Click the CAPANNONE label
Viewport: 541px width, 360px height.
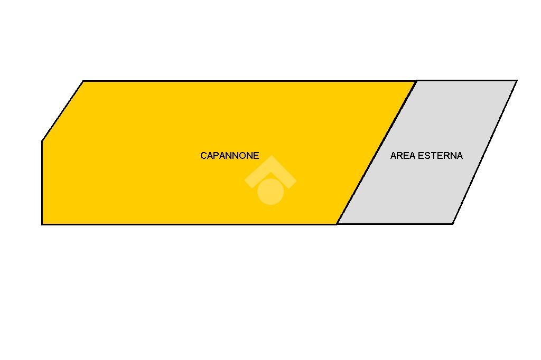point(229,156)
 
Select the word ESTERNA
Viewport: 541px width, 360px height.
point(440,156)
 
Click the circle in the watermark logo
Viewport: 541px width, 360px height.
point(270,192)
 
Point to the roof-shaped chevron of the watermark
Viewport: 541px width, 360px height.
point(270,171)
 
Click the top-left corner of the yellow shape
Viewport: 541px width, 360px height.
point(83,81)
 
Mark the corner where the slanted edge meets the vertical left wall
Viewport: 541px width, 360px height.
point(42,141)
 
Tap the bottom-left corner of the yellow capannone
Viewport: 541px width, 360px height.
point(42,224)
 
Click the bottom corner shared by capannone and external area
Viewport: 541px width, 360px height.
point(337,224)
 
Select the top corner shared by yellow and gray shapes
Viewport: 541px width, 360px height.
point(416,81)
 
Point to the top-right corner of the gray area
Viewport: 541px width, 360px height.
point(517,81)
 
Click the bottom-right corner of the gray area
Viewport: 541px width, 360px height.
point(453,224)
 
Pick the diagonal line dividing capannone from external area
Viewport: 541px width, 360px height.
point(377,153)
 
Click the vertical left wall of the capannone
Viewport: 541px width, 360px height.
point(42,183)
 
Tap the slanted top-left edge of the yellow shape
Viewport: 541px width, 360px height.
point(62,111)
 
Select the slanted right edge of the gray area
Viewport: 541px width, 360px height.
point(485,153)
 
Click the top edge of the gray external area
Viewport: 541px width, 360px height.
point(467,81)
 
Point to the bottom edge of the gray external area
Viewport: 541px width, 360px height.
point(395,224)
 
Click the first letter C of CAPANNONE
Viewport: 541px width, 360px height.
point(203,156)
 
